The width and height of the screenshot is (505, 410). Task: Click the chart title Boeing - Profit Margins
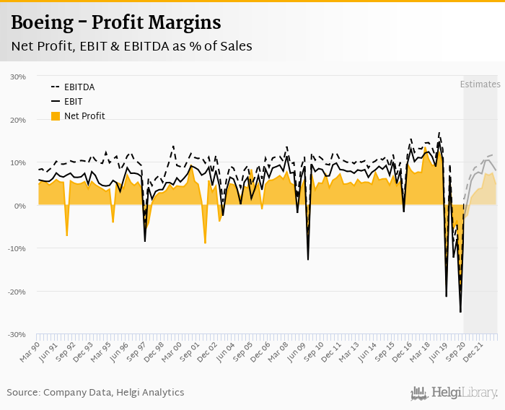115,22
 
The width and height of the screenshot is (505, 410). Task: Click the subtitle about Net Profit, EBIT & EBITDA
131,46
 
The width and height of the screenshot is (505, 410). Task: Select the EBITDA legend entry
79,87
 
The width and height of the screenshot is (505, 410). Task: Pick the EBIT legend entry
74,101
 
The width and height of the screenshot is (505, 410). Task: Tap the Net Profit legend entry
84,115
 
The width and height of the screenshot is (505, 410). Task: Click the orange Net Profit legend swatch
55,115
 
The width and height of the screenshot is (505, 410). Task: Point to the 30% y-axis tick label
18,77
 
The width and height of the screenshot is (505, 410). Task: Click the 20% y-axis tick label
18,120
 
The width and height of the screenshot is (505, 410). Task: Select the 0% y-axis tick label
20,206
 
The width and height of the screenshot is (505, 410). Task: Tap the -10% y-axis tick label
17,248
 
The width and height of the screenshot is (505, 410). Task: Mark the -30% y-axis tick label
17,335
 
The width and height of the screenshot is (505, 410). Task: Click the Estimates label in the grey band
480,84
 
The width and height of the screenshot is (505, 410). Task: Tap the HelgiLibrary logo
454,393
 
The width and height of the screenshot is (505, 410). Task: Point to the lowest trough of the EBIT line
460,312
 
